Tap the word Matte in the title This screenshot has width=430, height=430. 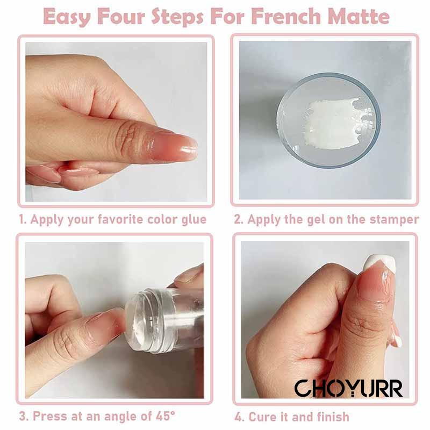coord(359,16)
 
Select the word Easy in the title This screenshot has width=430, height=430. coord(66,17)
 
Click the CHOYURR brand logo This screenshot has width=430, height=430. coord(348,388)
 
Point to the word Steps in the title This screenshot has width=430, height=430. coord(178,17)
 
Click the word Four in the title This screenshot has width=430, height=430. coord(121,16)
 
